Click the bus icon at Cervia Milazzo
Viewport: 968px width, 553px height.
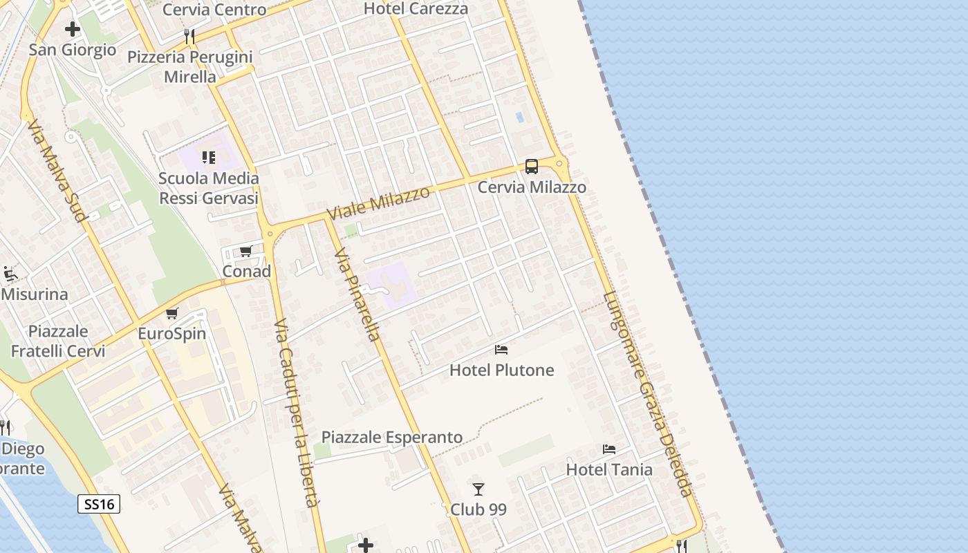click(531, 166)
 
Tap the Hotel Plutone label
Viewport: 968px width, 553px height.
click(502, 370)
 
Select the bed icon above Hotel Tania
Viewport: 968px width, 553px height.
click(609, 449)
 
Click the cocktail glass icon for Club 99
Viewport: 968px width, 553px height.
click(478, 489)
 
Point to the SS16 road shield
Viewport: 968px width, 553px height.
click(99, 504)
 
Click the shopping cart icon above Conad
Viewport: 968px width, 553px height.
click(246, 251)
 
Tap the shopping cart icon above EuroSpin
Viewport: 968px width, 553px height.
click(172, 314)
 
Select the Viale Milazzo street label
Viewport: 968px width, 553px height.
click(378, 203)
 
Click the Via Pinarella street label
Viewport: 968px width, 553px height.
click(357, 295)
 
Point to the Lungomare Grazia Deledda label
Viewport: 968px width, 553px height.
click(647, 394)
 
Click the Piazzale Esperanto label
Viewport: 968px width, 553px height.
click(392, 437)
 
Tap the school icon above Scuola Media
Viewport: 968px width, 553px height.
click(209, 158)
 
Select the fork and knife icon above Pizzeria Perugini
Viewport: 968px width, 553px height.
click(189, 36)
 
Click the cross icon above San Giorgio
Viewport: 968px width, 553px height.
click(73, 29)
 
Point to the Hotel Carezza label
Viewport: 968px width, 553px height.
click(416, 9)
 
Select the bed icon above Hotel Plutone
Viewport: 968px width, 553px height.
click(501, 350)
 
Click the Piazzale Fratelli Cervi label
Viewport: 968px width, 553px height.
click(58, 341)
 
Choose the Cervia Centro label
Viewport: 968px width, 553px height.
click(214, 10)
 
